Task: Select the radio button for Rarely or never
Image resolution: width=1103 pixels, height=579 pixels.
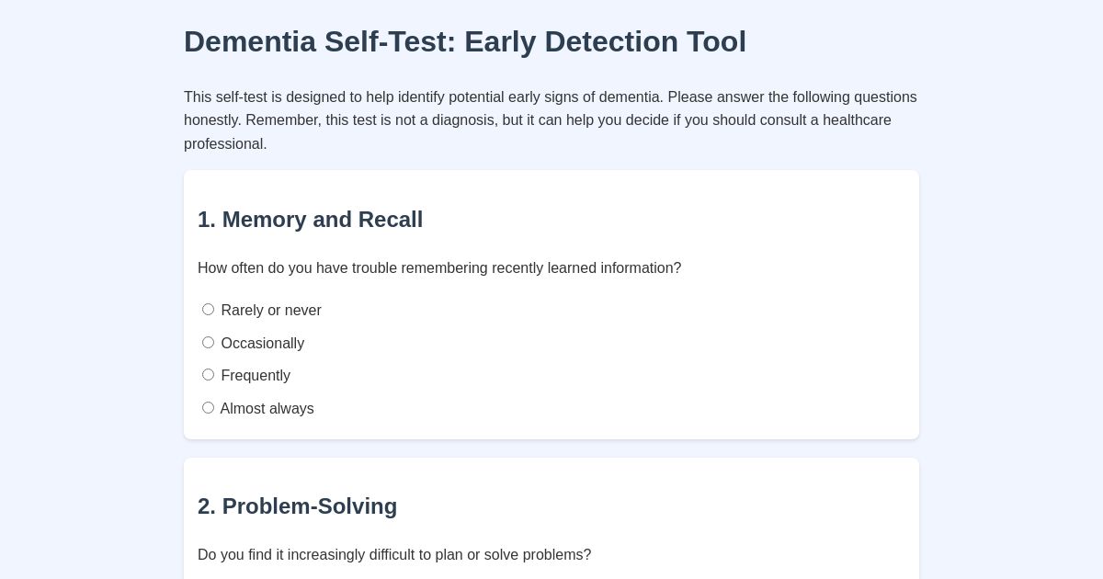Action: pyautogui.click(x=208, y=310)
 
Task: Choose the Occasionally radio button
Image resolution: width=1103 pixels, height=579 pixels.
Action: pyautogui.click(x=208, y=343)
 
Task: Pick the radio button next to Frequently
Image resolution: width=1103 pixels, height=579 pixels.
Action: pyautogui.click(x=208, y=375)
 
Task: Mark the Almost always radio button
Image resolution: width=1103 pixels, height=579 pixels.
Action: pyautogui.click(x=208, y=408)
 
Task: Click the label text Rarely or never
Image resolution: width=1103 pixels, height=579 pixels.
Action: pyautogui.click(x=271, y=311)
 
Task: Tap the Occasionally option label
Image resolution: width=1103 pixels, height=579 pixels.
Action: pyautogui.click(x=262, y=344)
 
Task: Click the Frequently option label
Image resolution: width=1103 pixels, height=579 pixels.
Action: pyautogui.click(x=256, y=376)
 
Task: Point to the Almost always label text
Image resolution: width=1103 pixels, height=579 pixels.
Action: pyautogui.click(x=267, y=409)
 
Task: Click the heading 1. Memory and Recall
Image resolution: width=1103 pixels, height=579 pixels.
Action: pyautogui.click(x=310, y=220)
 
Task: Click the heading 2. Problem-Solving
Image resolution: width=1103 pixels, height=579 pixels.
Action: pyautogui.click(x=297, y=506)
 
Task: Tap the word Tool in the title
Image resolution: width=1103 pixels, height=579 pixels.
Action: pyautogui.click(x=717, y=42)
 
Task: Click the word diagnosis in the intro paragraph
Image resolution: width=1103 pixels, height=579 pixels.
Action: pyautogui.click(x=464, y=120)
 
